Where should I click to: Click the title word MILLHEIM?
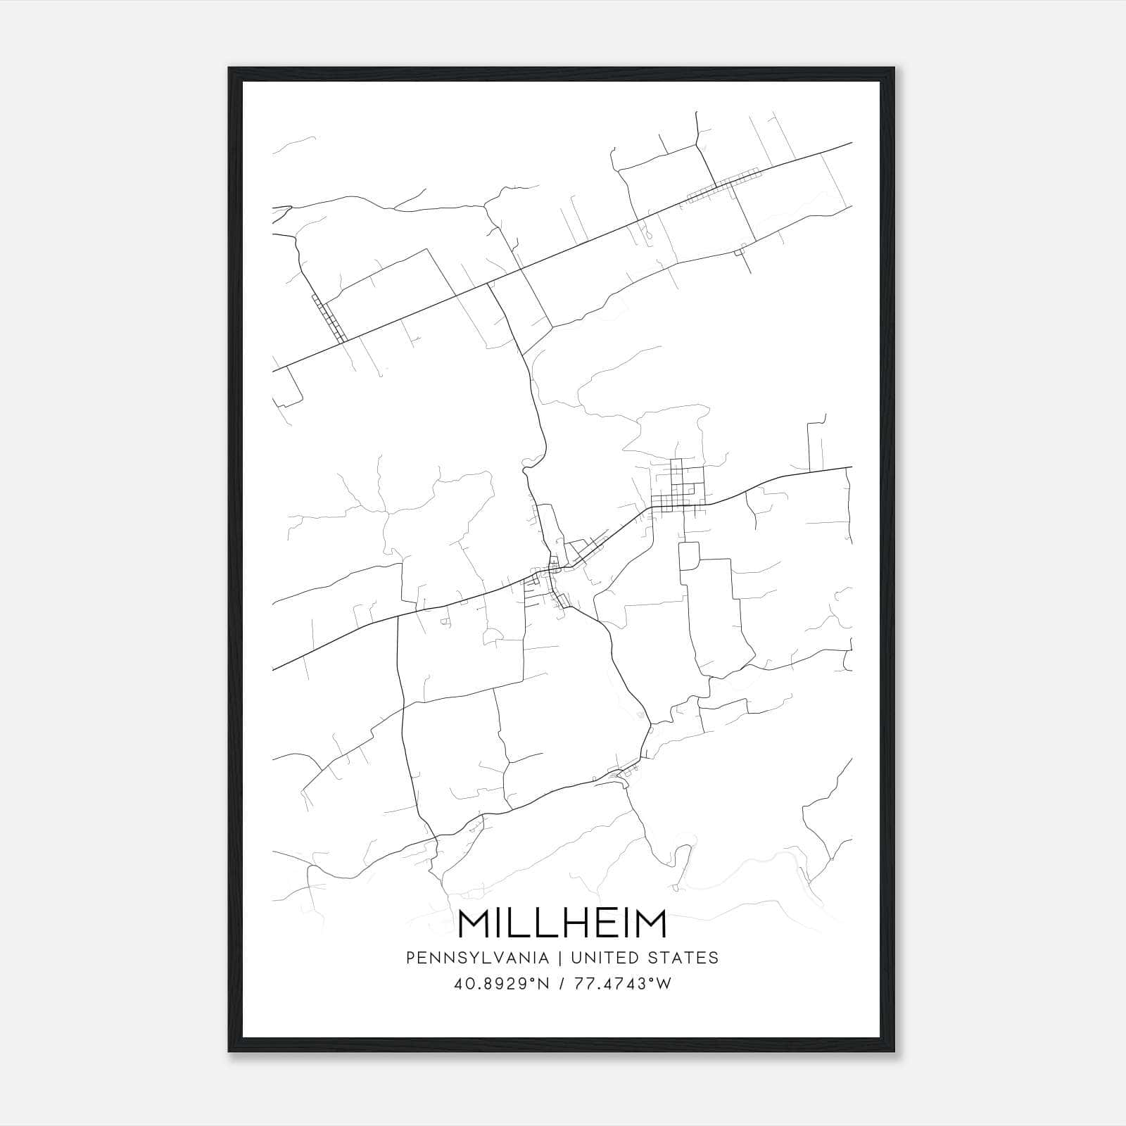coord(562,924)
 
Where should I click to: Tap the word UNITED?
coord(604,957)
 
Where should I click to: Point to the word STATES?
coord(681,957)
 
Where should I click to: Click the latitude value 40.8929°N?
coord(501,983)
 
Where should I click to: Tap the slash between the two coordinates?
coord(561,983)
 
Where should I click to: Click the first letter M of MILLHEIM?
coord(474,924)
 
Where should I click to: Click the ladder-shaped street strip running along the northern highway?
coord(723,184)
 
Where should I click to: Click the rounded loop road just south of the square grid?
coord(688,556)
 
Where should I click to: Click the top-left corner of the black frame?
coord(229,68)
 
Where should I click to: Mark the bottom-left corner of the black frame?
coord(229,1051)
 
